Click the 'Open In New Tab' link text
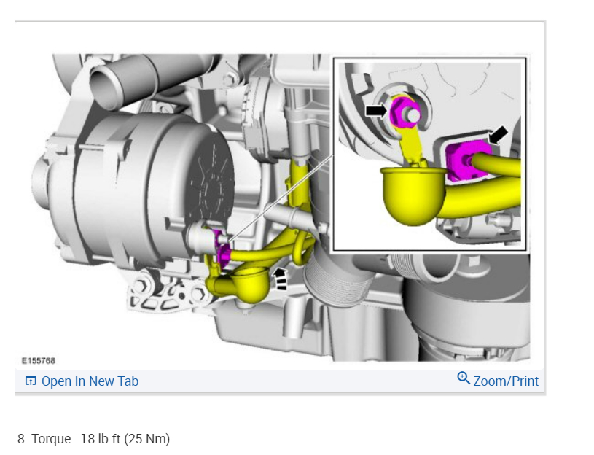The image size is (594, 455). point(90,381)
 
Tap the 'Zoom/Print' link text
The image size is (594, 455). point(506,381)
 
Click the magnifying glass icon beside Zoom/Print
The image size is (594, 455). point(464,378)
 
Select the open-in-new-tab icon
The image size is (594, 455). point(31,381)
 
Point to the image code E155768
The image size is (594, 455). point(38,361)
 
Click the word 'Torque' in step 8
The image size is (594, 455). point(51,439)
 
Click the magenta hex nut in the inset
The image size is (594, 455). point(404,112)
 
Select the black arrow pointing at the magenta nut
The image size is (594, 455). point(377,111)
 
